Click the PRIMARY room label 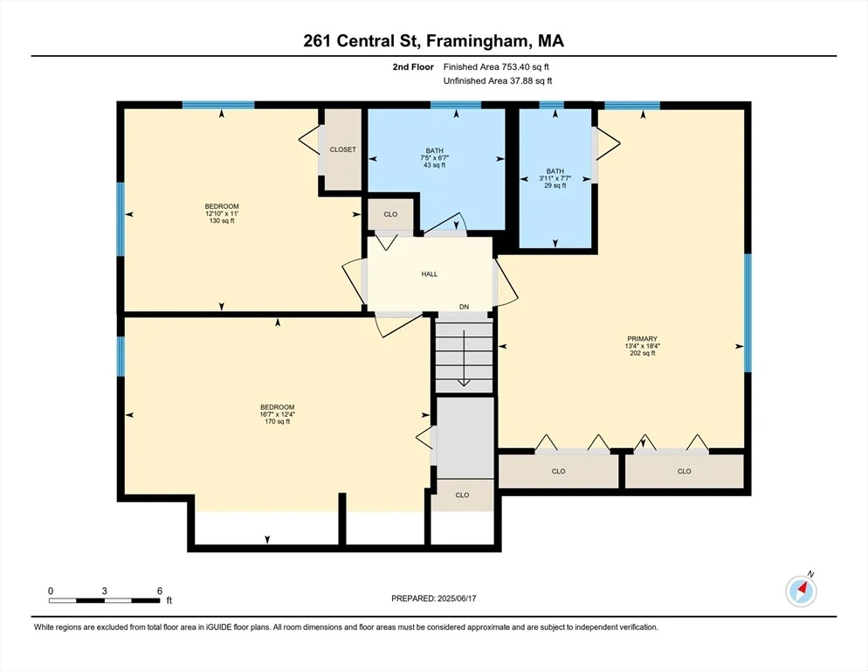(x=642, y=338)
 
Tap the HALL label (x=430, y=273)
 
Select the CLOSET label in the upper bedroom (x=342, y=149)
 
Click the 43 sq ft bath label (x=435, y=158)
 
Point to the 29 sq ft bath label (x=555, y=178)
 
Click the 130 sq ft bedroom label (x=222, y=213)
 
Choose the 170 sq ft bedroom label (x=278, y=414)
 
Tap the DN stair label (x=464, y=307)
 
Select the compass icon (x=801, y=591)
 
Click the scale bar (x=105, y=600)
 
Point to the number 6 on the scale (x=160, y=591)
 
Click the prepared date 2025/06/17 (x=457, y=598)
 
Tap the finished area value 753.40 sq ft (x=526, y=67)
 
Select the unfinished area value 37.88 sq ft (x=531, y=81)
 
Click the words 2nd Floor (x=413, y=67)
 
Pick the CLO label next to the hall (x=390, y=214)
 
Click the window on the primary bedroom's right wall (x=747, y=313)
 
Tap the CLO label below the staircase (x=462, y=495)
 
